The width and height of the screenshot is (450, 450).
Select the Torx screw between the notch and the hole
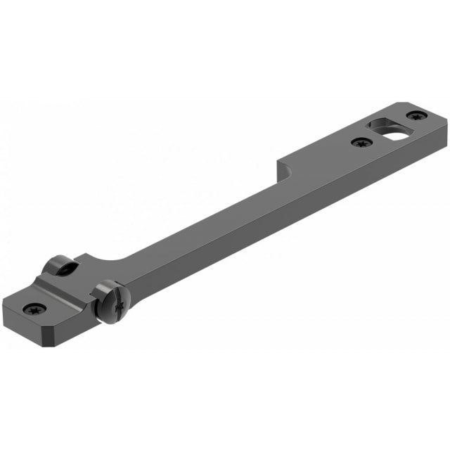pyautogui.click(x=361, y=143)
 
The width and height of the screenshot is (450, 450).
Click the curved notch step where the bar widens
pyautogui.click(x=282, y=167)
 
